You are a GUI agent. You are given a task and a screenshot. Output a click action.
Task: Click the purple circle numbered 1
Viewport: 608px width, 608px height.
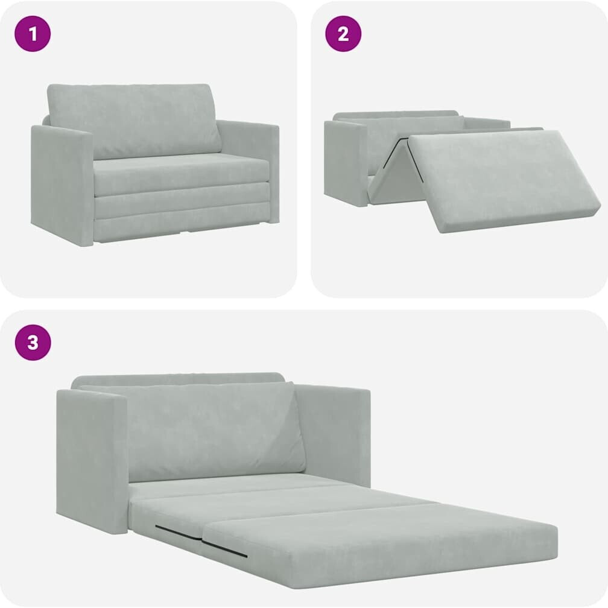tap(33, 34)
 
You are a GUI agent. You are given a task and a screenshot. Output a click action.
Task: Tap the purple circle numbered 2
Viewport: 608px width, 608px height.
tap(343, 34)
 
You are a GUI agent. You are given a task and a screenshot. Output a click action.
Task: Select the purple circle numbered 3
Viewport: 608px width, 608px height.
tap(33, 343)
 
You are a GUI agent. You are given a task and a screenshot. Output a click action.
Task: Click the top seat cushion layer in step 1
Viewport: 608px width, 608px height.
tap(181, 174)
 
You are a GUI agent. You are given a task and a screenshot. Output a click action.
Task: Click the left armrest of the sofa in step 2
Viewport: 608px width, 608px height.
tap(346, 163)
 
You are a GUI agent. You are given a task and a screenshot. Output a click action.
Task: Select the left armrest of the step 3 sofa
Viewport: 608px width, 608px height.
tap(91, 461)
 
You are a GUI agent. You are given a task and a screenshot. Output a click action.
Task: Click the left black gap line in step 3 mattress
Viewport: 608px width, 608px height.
tap(179, 533)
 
